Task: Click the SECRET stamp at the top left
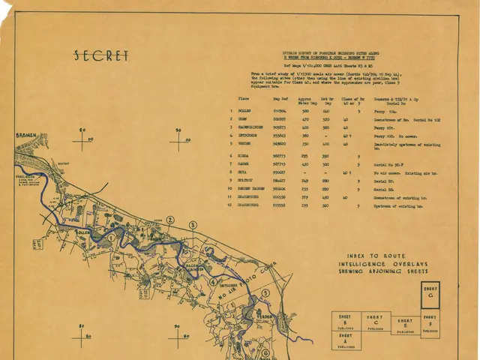[102, 56]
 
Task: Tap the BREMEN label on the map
[27, 136]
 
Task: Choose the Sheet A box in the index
[346, 340]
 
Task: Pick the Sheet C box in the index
[374, 321]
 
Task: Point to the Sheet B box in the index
[346, 321]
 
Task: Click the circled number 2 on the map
[170, 220]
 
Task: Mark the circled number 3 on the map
[193, 225]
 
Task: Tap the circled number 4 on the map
[212, 283]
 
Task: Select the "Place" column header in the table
[243, 98]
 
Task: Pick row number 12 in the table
[231, 204]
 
